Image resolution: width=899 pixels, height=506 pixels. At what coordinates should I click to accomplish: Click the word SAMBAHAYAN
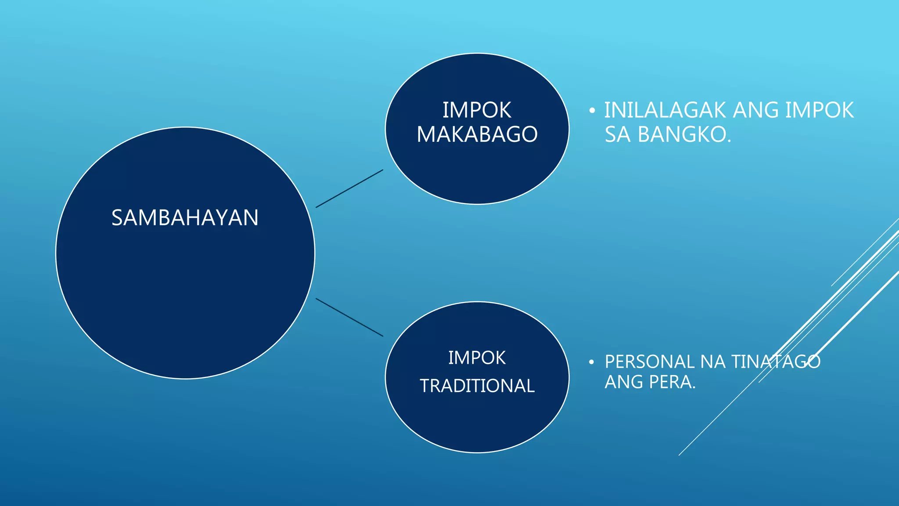(x=185, y=218)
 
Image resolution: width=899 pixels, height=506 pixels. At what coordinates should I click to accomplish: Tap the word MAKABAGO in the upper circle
(x=477, y=134)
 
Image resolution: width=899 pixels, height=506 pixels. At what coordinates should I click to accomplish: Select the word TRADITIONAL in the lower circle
(x=477, y=386)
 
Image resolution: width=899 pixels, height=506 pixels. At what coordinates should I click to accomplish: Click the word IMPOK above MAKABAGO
(x=477, y=110)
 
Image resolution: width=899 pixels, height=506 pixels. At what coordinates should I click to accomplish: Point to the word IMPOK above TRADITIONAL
(x=477, y=358)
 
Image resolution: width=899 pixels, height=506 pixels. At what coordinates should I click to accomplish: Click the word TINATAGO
(x=776, y=362)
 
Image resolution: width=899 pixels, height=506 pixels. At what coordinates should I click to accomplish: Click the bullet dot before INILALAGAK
(x=592, y=111)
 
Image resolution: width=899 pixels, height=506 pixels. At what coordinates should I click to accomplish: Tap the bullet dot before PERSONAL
(x=592, y=362)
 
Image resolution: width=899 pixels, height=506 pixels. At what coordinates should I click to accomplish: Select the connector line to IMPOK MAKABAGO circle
(x=349, y=188)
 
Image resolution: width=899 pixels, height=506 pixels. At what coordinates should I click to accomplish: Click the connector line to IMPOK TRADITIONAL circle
(x=349, y=317)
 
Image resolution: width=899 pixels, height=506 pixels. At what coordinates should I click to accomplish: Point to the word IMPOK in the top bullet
(x=819, y=110)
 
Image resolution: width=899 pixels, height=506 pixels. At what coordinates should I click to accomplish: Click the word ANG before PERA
(x=624, y=382)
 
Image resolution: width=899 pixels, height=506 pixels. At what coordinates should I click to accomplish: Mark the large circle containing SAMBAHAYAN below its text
(x=185, y=299)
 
